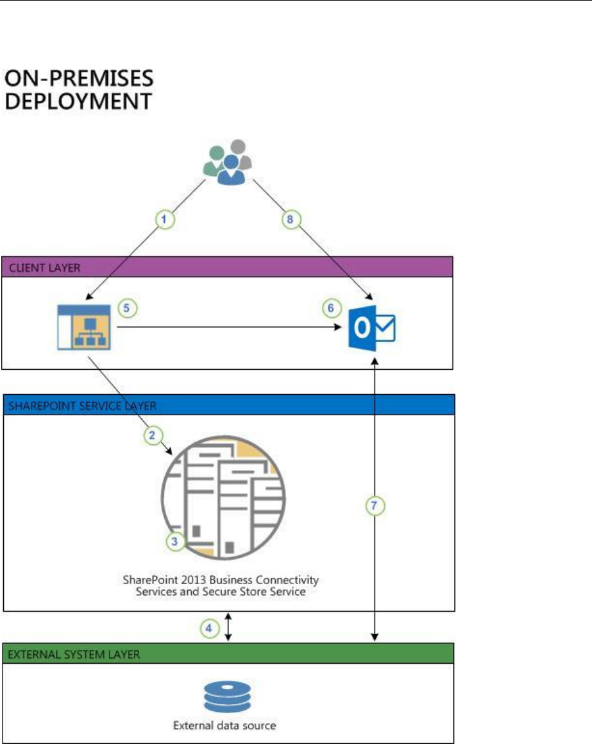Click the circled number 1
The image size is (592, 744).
(165, 219)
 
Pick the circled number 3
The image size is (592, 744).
(174, 541)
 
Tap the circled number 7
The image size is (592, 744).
(375, 506)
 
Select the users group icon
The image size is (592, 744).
(228, 161)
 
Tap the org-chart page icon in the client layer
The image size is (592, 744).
(83, 327)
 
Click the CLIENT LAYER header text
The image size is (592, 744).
(44, 267)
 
